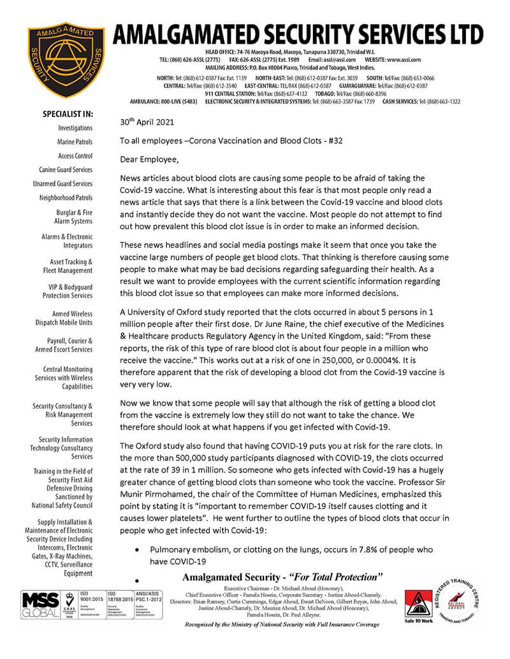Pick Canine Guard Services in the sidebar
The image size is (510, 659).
pos(66,170)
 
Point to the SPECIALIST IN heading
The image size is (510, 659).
pos(68,115)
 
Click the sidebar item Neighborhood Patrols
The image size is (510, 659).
pos(66,198)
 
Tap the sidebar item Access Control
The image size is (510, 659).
pos(75,156)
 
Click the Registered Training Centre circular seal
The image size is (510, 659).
pos(472,602)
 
